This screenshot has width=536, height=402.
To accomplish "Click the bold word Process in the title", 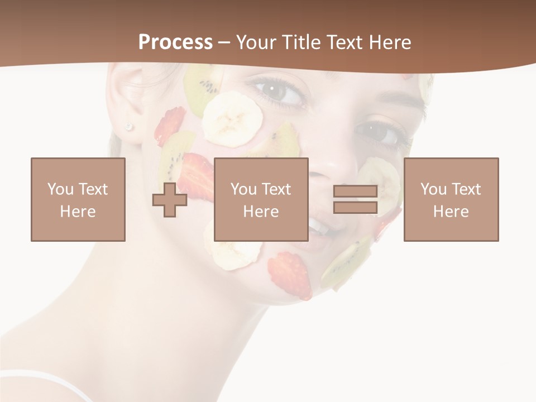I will click(x=175, y=42).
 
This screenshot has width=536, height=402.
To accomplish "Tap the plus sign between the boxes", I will click(x=170, y=200).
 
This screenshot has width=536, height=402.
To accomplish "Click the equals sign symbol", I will click(x=355, y=199).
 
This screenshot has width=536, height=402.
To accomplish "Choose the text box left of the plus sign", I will click(x=78, y=199).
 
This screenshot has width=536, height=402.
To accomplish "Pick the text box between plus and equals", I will click(x=261, y=199).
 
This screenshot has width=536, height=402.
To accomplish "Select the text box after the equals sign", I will click(x=451, y=199).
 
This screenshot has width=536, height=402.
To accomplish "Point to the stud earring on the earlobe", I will click(x=129, y=127).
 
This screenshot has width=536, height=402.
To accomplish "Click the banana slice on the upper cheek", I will click(x=232, y=119).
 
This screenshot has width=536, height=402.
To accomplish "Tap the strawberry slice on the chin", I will click(x=289, y=274).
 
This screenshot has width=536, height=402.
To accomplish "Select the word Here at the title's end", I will click(x=390, y=42).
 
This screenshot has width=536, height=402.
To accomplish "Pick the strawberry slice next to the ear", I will click(x=170, y=125).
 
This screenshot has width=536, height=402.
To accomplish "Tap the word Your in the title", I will click(x=256, y=42).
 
